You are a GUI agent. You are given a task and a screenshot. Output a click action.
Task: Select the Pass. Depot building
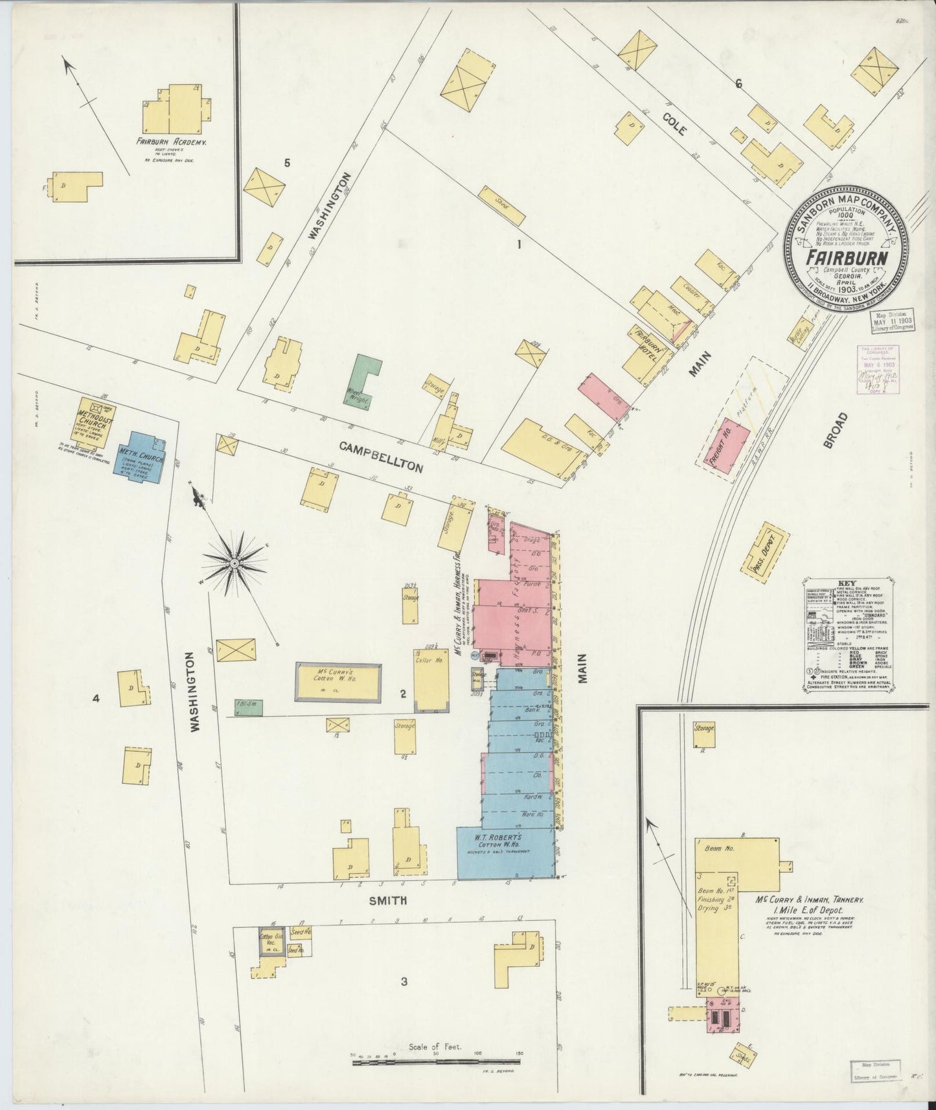[770, 550]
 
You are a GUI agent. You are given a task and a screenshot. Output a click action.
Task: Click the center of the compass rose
[234, 564]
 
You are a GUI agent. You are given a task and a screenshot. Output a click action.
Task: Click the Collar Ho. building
[431, 679]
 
